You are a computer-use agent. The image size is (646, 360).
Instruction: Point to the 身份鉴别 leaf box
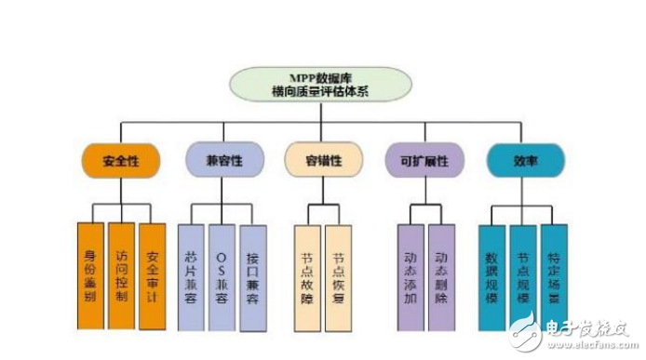[90, 276]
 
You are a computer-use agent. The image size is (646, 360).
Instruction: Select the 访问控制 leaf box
[121, 276]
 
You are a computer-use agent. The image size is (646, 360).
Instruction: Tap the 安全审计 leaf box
[152, 276]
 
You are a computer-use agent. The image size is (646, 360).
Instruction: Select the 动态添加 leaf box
[410, 276]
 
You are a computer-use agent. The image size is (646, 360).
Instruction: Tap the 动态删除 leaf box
[441, 276]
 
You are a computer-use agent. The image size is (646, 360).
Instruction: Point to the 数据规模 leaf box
[492, 276]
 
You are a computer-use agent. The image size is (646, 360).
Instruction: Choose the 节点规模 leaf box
[523, 276]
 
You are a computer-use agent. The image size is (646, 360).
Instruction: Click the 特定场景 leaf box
[554, 276]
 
